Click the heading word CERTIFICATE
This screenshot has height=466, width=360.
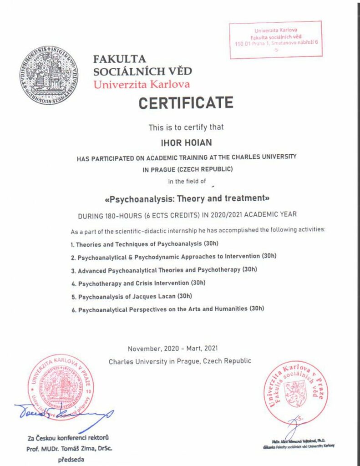[x=186, y=102]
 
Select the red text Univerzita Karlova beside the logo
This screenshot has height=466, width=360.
[x=141, y=84]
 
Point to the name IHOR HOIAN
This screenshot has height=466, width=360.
[x=186, y=143]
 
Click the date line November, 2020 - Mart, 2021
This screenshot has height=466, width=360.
[x=172, y=349]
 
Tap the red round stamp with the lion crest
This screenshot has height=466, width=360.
[x=294, y=391]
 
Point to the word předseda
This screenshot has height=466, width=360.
[x=71, y=459]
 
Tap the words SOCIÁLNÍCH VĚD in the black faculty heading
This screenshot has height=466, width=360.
[x=142, y=71]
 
